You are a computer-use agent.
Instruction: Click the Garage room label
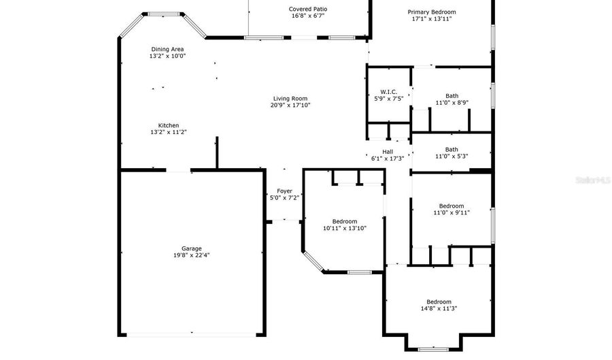(x=191, y=248)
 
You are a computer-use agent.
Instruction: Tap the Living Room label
(x=290, y=98)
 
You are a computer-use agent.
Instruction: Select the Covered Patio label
(x=307, y=9)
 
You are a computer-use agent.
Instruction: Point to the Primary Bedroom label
(x=432, y=12)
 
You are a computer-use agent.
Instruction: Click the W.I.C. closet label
(x=389, y=91)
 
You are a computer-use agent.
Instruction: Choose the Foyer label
(x=284, y=191)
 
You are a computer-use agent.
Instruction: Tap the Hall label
(x=388, y=151)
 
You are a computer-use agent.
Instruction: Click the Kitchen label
(x=169, y=125)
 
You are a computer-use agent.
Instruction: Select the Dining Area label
(x=167, y=49)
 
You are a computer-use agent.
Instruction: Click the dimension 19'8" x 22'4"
(x=191, y=256)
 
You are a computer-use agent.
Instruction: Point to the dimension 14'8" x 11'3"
(x=439, y=309)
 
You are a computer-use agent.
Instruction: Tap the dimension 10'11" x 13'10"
(x=345, y=229)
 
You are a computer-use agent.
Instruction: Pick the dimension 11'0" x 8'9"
(x=452, y=103)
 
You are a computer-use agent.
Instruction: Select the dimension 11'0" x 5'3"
(x=452, y=157)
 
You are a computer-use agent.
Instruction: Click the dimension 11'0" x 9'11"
(x=452, y=213)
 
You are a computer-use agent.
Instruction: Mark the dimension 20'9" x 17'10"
(x=290, y=105)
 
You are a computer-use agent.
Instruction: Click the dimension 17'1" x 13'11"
(x=432, y=19)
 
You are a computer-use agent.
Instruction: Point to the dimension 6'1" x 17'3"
(x=388, y=159)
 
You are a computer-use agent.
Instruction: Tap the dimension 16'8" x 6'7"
(x=307, y=16)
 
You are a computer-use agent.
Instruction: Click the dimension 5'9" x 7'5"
(x=389, y=99)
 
